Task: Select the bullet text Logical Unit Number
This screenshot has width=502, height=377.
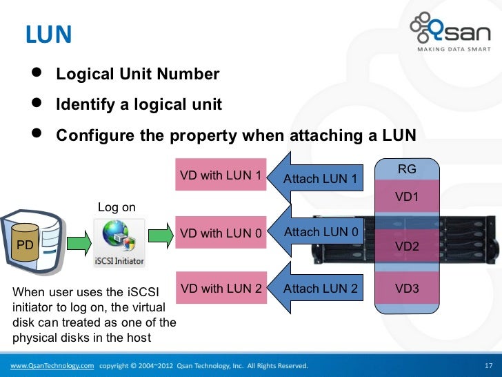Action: [137, 74]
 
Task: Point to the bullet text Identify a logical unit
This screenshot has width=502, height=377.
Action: [139, 104]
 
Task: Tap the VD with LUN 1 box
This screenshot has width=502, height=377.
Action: [221, 175]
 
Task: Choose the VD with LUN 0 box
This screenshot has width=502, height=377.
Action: [221, 233]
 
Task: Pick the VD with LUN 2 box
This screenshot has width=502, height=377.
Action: [221, 288]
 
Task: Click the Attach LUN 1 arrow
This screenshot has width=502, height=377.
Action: [318, 178]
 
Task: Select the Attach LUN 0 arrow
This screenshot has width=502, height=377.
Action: [318, 233]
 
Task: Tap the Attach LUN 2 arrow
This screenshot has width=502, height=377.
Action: [318, 288]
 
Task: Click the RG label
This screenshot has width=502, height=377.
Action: [407, 169]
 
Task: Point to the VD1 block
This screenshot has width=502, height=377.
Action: [407, 197]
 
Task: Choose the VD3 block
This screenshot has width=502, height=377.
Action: [407, 288]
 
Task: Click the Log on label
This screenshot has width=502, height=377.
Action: [117, 207]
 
